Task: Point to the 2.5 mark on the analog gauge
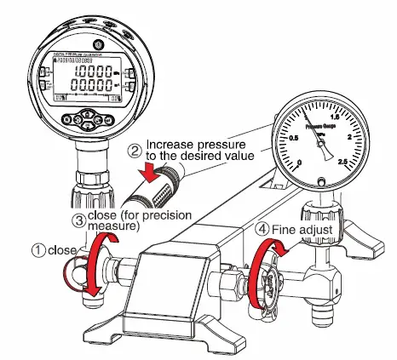[x=342, y=162]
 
